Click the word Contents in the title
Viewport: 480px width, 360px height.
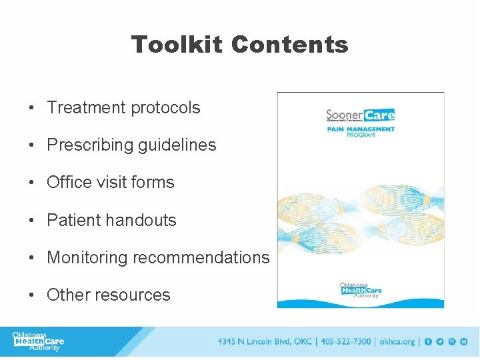click(289, 45)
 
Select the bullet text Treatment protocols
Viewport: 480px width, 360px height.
click(123, 107)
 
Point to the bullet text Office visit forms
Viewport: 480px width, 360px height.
click(110, 183)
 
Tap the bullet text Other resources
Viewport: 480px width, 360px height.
click(108, 295)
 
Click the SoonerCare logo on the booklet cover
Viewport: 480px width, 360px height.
click(360, 115)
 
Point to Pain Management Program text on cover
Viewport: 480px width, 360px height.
click(361, 132)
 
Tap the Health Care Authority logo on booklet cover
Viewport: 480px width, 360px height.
click(360, 290)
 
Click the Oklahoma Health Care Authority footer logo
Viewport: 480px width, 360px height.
click(39, 341)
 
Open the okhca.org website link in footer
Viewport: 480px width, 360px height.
click(397, 342)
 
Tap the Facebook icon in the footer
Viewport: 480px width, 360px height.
click(429, 342)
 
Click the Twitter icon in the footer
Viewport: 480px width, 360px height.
click(440, 342)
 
